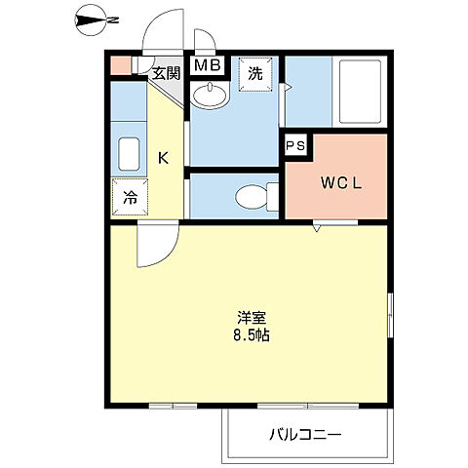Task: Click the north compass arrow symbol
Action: pos(96,19)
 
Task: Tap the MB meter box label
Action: pos(206,67)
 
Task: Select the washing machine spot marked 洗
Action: pos(254,72)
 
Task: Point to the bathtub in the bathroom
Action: pos(361,92)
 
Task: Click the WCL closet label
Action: pos(334,182)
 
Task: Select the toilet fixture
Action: pos(255,197)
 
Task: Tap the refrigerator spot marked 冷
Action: pos(129,196)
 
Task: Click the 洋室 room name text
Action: pos(252,318)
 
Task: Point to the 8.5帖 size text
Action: pos(252,335)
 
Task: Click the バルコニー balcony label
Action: pos(305,435)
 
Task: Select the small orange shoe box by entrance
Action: pos(118,67)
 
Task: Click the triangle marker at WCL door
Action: pos(317,228)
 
